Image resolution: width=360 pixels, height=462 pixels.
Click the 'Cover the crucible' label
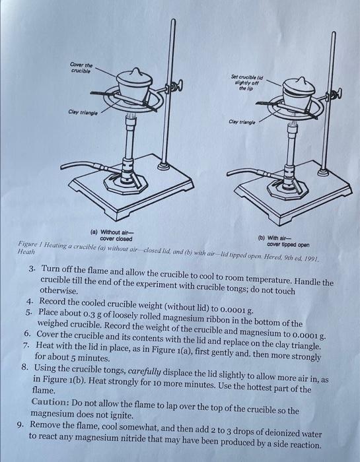point(81,68)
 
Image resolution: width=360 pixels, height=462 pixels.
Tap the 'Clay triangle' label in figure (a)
point(83,112)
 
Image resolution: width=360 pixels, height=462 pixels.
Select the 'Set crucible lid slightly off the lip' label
point(247,82)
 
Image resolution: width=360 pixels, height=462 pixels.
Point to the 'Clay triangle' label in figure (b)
point(242,121)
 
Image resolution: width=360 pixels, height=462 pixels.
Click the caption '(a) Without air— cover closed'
point(113,236)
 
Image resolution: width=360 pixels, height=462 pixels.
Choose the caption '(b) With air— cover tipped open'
point(284,242)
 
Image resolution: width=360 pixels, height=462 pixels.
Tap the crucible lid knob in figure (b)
point(301,81)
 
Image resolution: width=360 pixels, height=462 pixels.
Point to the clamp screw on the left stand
point(177,86)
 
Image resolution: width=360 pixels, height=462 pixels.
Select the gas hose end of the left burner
point(63,168)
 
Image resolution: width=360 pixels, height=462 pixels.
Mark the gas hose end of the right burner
point(229,173)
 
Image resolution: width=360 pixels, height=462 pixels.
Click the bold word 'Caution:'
point(50,401)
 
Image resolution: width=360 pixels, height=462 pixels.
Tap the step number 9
point(20,424)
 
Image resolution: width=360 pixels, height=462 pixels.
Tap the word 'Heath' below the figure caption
point(26,251)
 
